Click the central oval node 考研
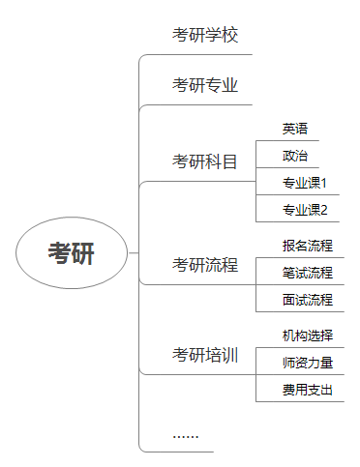(x=73, y=253)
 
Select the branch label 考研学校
(x=205, y=36)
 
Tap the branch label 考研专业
(x=205, y=85)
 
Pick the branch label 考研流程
(x=205, y=265)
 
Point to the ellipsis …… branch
(x=186, y=435)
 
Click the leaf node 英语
(x=295, y=128)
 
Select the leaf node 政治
(x=295, y=155)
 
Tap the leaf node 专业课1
(x=305, y=182)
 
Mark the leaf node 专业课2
(x=305, y=209)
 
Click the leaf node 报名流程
(x=308, y=246)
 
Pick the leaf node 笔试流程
(x=308, y=273)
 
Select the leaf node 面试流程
(x=308, y=300)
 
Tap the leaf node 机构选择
(x=308, y=336)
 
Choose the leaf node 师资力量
(x=308, y=363)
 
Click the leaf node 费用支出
(x=308, y=390)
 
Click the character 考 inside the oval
(x=60, y=253)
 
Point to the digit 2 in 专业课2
(x=324, y=209)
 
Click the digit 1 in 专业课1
(x=324, y=182)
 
